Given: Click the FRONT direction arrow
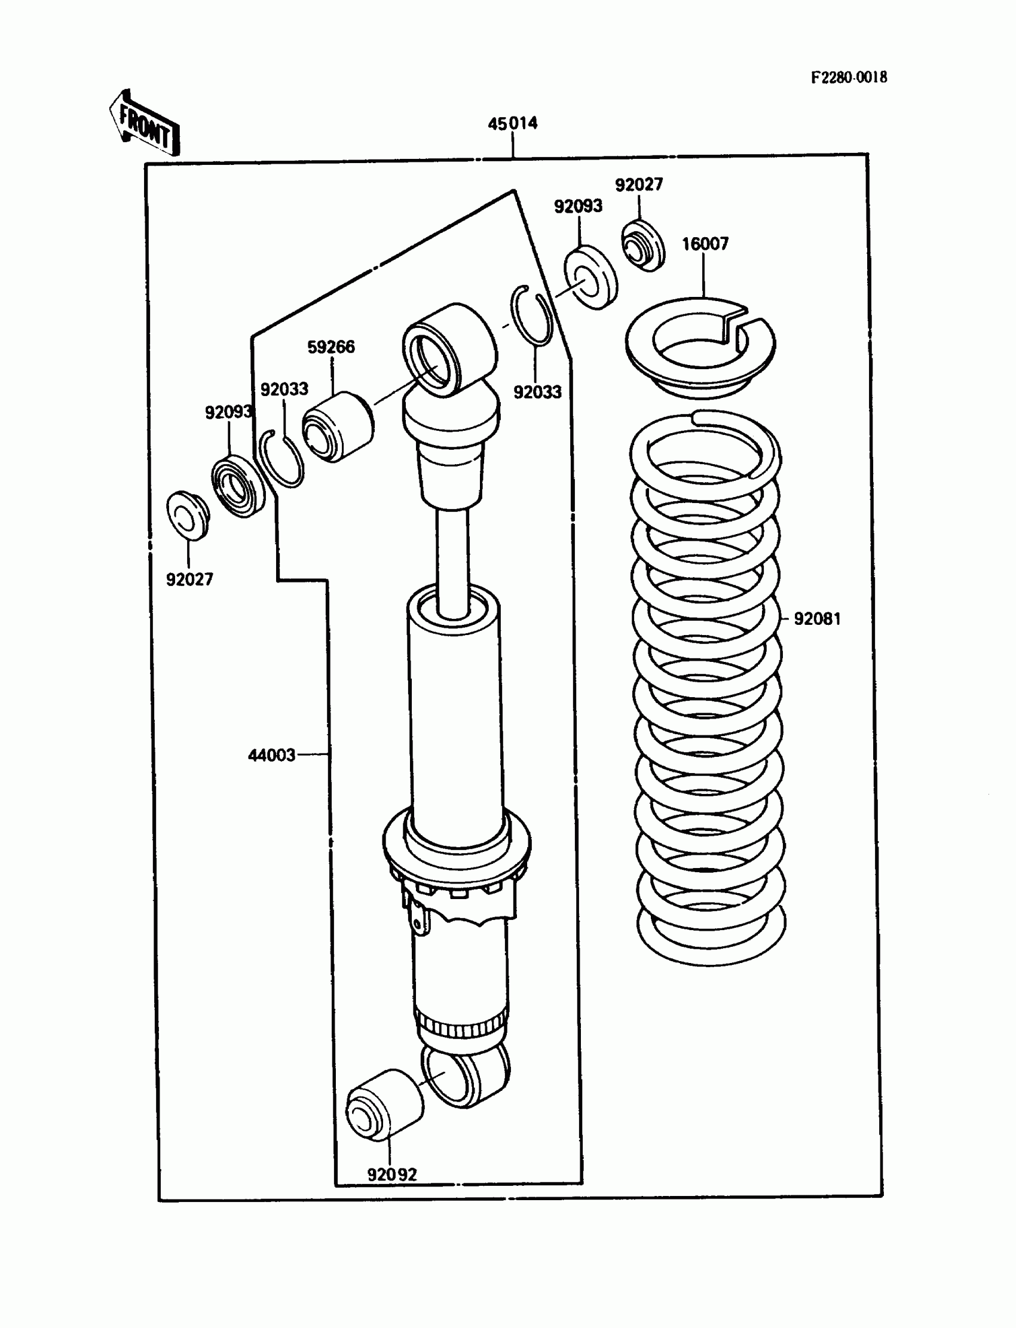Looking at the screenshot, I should pos(145,124).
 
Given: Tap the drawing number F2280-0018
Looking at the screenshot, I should pos(849,78).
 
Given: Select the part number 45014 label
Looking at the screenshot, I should pos(512,123).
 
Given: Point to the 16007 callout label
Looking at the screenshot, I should pos(705,244).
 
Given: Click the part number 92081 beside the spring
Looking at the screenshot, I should pos(817,618).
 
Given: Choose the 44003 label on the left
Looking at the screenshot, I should pos(271,755).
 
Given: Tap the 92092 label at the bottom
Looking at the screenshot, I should pos(392,1174).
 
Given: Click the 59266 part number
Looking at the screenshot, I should pos(331,347).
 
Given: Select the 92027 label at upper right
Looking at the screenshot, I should pos(639,185).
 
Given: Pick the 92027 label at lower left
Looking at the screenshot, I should pos(189,579).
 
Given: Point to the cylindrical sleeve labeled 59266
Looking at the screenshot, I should pos(338,427).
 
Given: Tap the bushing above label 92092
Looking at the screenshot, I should pos(384,1105).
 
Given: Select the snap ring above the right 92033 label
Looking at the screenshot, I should pos(531,315).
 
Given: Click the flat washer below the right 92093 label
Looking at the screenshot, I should pos(591,277).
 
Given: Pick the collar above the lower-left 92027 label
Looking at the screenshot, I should pos(188,516).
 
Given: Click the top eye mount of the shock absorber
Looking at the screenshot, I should pos(449,349).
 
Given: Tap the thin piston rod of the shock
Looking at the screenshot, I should pos(453,562).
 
